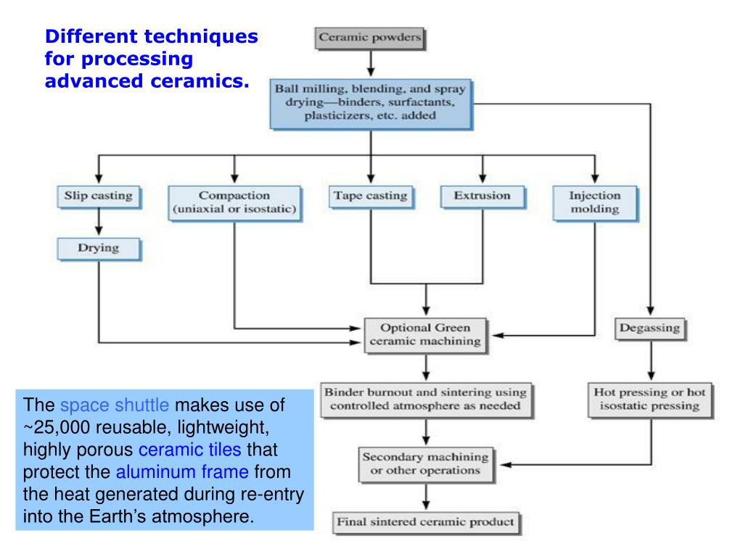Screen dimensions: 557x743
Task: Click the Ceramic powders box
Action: click(369, 38)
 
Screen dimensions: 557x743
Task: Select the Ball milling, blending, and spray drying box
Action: click(370, 104)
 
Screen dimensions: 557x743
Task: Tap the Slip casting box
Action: click(98, 196)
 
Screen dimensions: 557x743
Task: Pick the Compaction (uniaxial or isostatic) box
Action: click(234, 203)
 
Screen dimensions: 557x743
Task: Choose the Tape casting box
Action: click(370, 196)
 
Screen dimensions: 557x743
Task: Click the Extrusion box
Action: click(482, 196)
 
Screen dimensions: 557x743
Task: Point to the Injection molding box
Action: click(594, 203)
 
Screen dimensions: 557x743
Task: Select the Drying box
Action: click(98, 249)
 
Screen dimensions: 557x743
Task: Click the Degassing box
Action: click(650, 328)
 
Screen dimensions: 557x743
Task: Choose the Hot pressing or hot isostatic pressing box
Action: click(650, 398)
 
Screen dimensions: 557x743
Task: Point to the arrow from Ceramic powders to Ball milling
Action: click(370, 63)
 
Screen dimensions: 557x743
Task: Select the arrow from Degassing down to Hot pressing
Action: click(650, 360)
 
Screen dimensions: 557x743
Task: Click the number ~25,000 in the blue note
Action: click(56, 427)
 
